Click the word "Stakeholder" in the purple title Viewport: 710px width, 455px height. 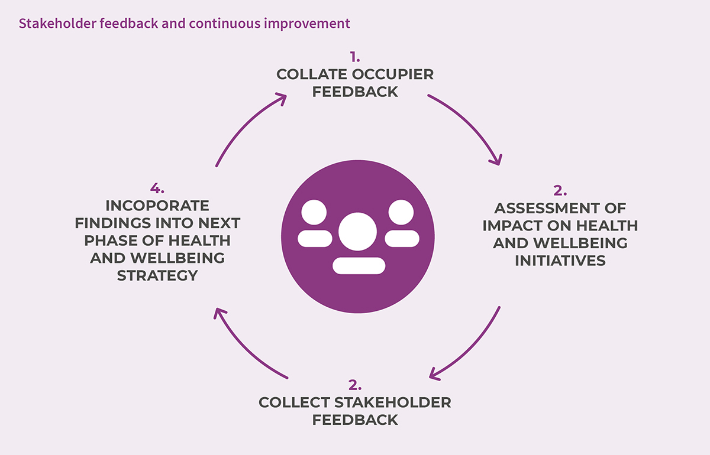[57, 24]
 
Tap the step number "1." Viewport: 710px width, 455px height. [355, 57]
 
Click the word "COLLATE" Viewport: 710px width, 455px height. [312, 74]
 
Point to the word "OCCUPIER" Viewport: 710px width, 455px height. [393, 74]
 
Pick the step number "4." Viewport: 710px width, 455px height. [157, 188]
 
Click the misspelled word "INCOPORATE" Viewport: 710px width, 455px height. [157, 206]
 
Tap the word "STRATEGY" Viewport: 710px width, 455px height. [157, 275]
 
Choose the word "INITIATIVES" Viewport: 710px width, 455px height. [560, 261]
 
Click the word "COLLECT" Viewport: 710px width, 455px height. [294, 402]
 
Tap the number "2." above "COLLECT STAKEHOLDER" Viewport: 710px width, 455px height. [355, 385]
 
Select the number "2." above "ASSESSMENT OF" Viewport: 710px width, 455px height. [560, 191]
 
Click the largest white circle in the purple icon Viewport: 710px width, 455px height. [357, 232]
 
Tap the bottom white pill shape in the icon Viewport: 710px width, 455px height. [359, 266]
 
